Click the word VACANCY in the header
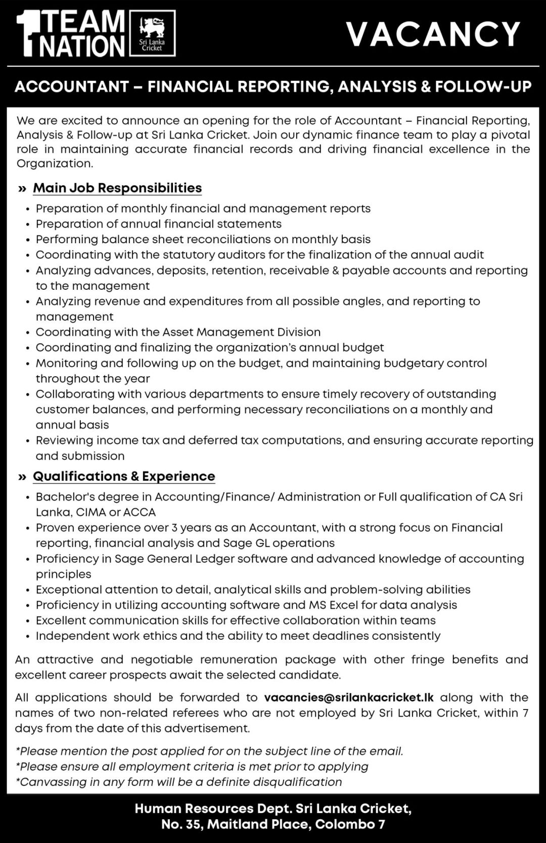(433, 34)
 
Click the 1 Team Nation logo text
(71, 34)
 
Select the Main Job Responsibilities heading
(117, 188)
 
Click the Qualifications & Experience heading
(124, 476)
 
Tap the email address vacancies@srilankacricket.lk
(349, 697)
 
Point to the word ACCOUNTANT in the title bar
(72, 87)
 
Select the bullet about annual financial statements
(159, 224)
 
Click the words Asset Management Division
(241, 332)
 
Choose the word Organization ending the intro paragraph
(54, 163)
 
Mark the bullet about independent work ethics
(238, 636)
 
